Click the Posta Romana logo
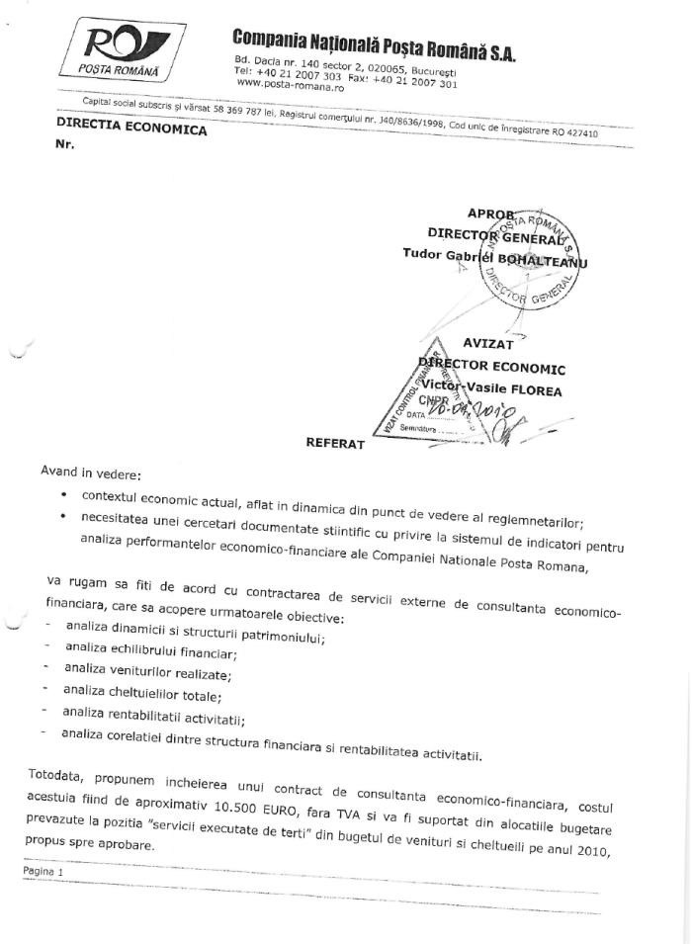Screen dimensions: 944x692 [x=117, y=50]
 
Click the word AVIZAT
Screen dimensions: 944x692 [x=492, y=344]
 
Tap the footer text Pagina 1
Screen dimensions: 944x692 [x=44, y=873]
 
